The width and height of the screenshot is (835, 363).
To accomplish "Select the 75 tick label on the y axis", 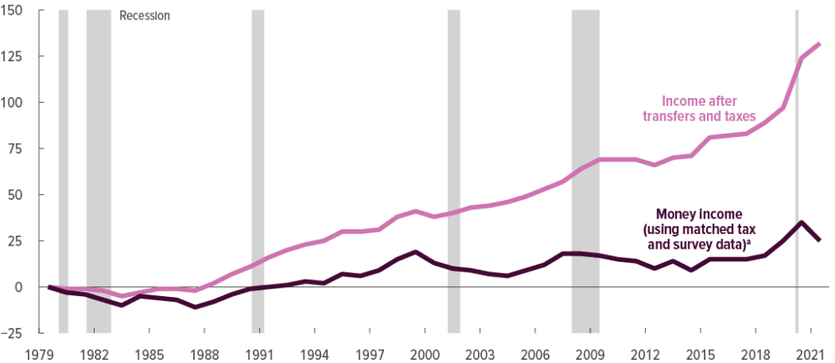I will click(19, 149).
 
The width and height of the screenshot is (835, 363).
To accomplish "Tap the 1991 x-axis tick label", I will click(258, 355).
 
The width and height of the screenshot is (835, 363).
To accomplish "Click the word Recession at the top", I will click(144, 15).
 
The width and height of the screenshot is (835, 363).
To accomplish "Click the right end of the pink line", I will click(820, 43).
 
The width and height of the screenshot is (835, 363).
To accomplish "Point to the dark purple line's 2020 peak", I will click(802, 222).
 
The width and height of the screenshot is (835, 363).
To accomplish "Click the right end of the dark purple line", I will click(820, 239).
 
